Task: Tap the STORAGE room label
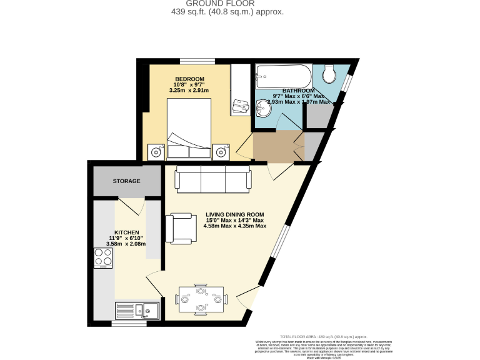[126, 181]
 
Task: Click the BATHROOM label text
[298, 91]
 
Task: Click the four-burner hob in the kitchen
[102, 257]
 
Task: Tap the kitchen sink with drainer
[138, 310]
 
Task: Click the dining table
[201, 299]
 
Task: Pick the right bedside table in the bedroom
[221, 151]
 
